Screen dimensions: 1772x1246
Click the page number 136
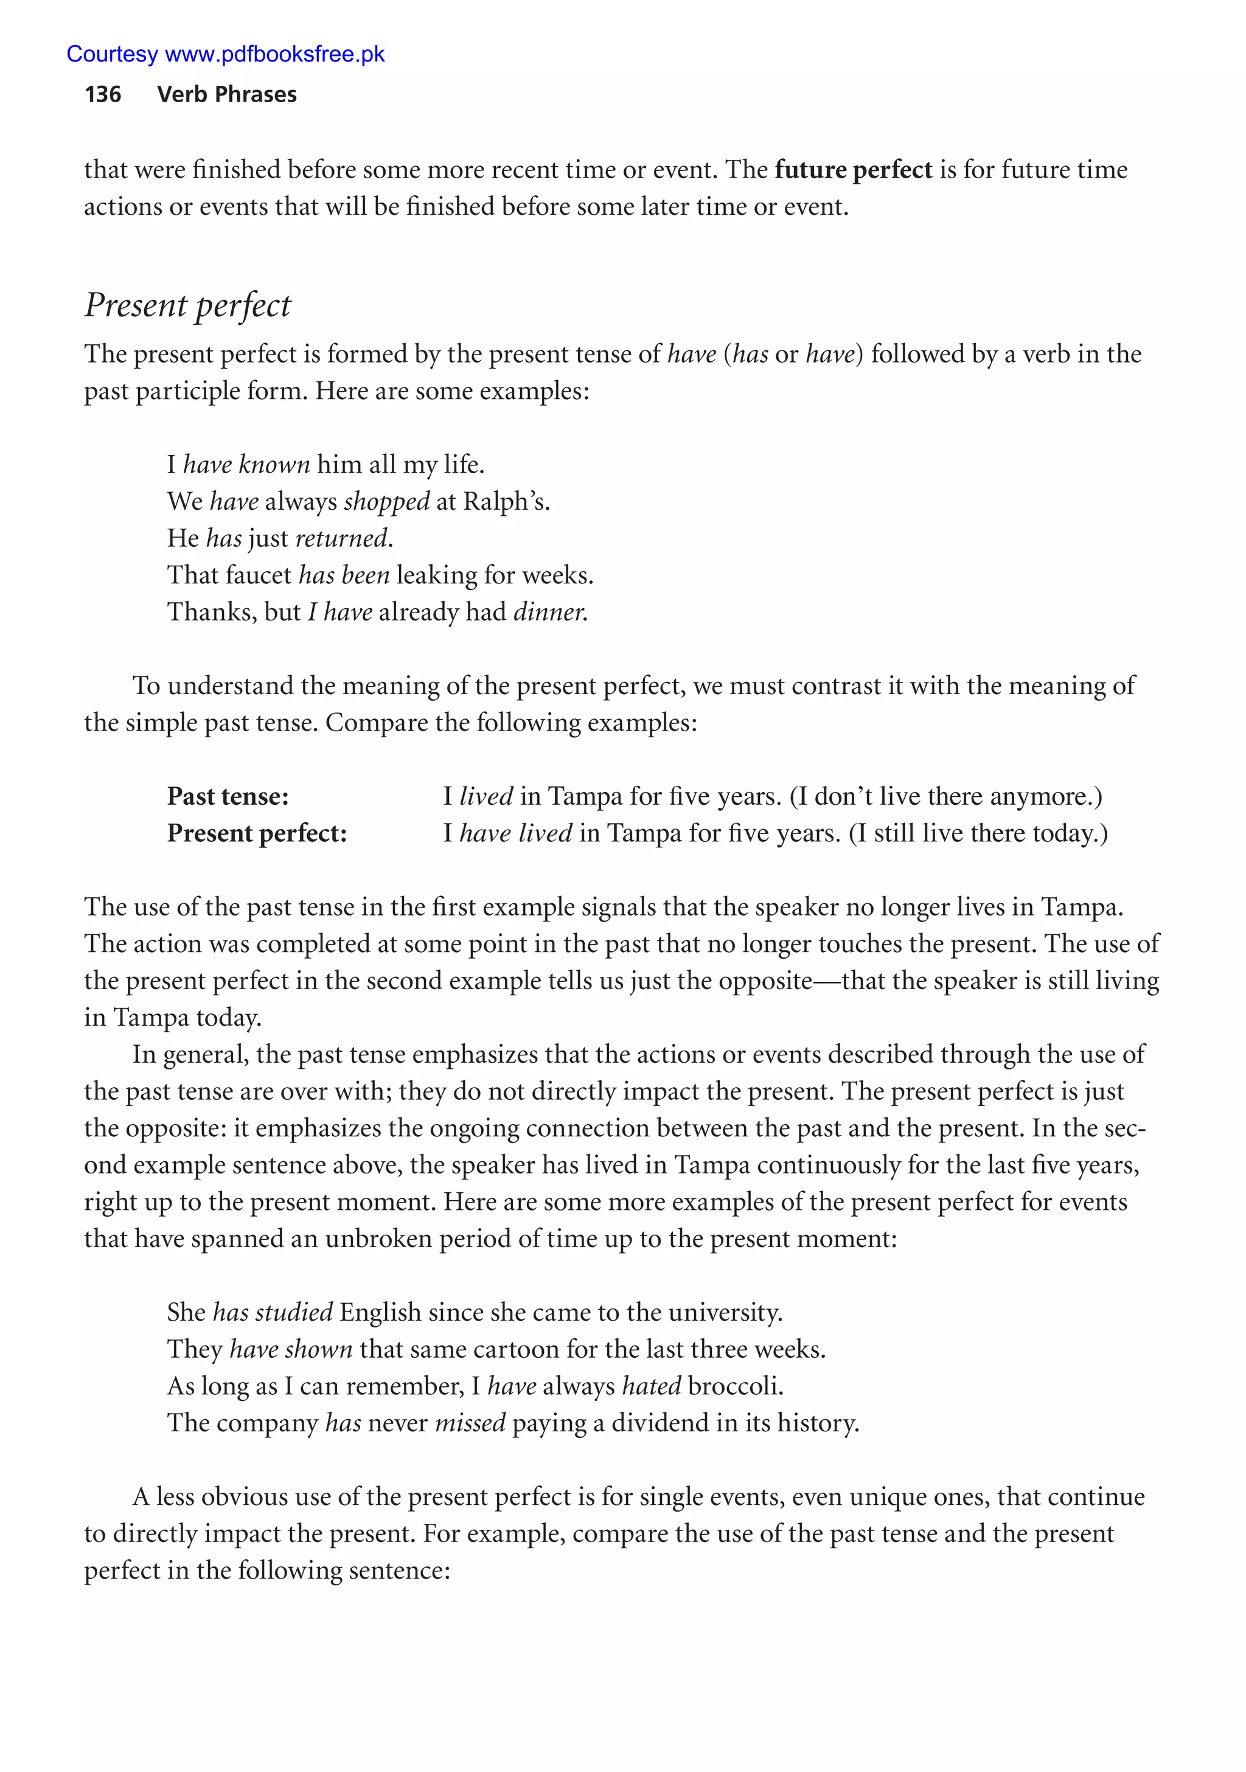(x=103, y=94)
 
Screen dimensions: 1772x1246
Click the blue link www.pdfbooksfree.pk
(x=275, y=54)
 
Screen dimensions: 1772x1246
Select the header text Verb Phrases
(x=226, y=94)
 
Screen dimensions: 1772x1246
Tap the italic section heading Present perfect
(x=187, y=305)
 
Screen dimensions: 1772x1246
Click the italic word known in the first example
(x=274, y=465)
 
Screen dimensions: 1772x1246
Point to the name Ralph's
(x=506, y=502)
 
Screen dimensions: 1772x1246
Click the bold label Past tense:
(x=228, y=796)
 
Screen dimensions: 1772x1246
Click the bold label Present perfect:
(x=257, y=833)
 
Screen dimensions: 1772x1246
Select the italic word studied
(x=294, y=1312)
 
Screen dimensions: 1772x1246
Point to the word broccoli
(x=734, y=1386)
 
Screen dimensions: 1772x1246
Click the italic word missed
(x=470, y=1423)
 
